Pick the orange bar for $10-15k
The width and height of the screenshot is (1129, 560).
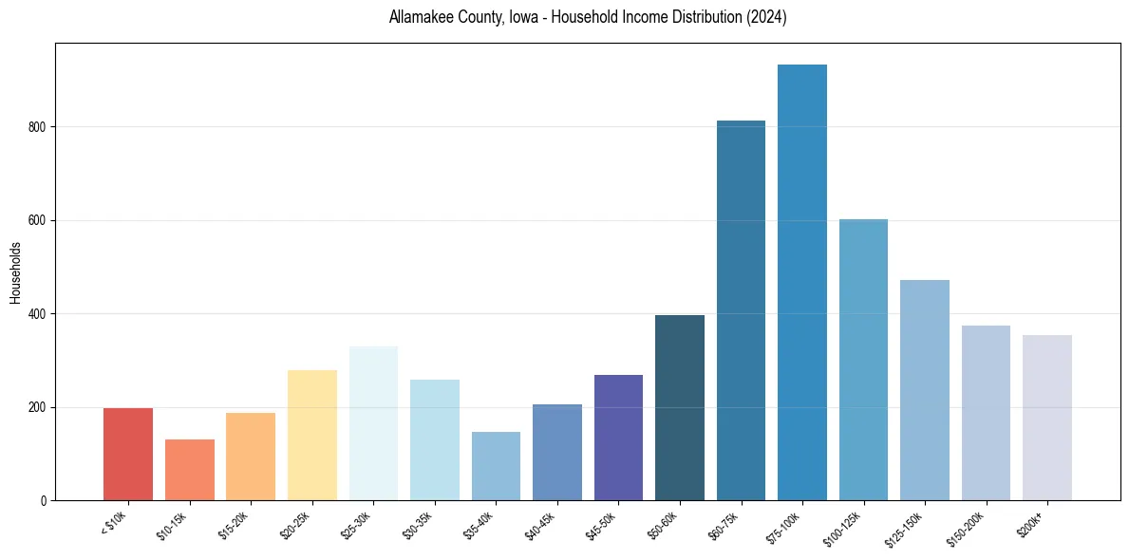tap(189, 470)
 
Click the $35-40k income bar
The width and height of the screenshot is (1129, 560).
tap(496, 466)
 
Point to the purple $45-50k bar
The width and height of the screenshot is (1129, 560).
tap(618, 438)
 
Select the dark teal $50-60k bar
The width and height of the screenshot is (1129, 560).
tap(679, 407)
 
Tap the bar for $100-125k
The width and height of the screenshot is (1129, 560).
tap(863, 360)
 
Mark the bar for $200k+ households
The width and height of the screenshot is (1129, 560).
tap(1046, 418)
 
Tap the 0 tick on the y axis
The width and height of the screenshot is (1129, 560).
tap(45, 500)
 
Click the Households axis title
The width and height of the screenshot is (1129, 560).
tap(15, 271)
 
